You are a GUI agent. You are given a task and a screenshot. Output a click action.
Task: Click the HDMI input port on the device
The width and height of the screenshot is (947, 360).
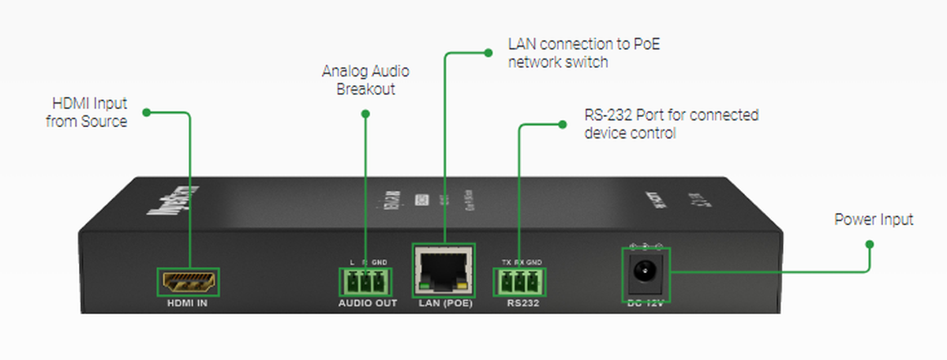190,282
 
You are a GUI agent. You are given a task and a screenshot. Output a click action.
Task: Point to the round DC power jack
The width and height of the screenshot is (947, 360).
646,274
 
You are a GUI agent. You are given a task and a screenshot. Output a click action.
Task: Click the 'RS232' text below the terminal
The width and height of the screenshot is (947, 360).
521,303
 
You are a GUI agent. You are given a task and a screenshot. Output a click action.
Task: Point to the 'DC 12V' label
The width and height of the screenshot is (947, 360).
646,305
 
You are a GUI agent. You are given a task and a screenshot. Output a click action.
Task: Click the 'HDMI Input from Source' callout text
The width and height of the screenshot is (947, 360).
89,112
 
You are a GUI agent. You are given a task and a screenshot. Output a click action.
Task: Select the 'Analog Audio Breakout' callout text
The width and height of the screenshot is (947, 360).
365,80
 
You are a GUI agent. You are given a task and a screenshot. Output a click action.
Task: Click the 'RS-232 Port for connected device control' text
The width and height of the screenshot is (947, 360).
671,124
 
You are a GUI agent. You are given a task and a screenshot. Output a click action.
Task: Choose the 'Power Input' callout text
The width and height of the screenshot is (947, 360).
874,219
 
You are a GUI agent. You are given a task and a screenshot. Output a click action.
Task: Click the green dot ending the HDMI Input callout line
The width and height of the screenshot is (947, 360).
147,112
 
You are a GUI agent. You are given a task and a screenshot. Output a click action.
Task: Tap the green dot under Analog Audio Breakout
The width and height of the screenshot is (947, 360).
365,114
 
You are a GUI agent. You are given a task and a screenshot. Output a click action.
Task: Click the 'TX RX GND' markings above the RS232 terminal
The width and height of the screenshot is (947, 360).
522,262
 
